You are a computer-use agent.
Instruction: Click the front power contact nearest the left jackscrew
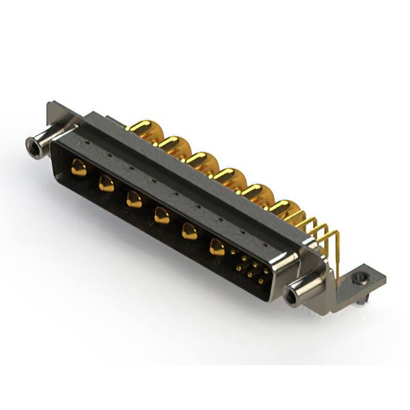[x=79, y=168]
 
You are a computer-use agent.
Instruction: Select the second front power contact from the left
[x=106, y=184]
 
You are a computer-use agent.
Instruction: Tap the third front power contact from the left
[x=134, y=200]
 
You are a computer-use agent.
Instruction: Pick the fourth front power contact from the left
[x=161, y=216]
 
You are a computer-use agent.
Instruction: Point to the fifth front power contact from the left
[x=189, y=231]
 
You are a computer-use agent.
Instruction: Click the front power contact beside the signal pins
[x=218, y=247]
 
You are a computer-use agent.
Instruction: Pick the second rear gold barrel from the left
[x=171, y=144]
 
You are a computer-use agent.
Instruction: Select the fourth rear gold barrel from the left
[x=229, y=177]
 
